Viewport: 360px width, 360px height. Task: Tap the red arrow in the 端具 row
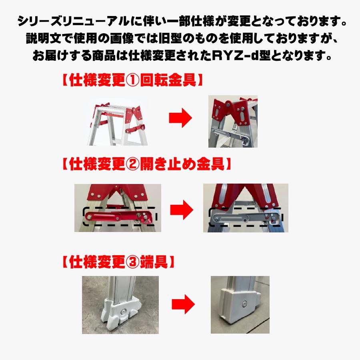(x=183, y=305)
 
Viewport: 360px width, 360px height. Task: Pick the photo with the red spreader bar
(x=118, y=208)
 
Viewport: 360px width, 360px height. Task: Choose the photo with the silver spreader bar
(x=246, y=208)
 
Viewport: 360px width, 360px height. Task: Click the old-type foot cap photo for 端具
(x=120, y=305)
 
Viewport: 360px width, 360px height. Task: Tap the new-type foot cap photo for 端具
(x=240, y=305)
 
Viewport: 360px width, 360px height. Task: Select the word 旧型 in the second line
(x=170, y=38)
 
